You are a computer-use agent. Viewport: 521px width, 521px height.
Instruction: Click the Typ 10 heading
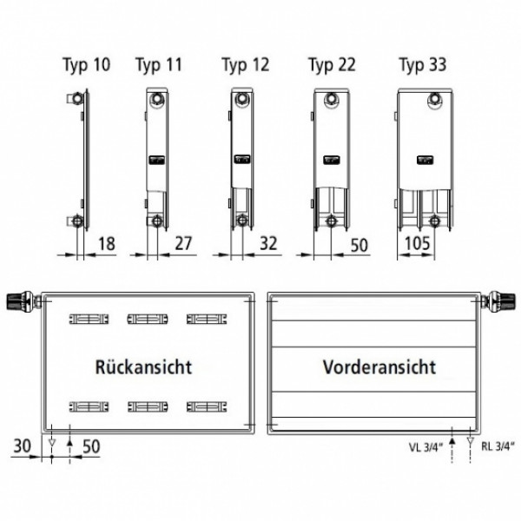coord(87,65)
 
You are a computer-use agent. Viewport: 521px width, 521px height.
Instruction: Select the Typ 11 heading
coord(159,65)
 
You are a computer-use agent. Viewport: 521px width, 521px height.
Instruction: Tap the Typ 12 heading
coord(246,65)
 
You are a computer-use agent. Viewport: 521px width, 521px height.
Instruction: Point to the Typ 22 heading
coord(332,65)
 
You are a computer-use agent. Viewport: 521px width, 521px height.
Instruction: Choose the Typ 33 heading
coord(423,65)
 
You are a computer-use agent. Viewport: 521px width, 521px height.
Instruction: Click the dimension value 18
coord(107,243)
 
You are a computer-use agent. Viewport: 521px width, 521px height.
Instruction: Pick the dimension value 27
coord(183,243)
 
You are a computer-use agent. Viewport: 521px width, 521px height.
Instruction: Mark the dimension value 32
coord(268,243)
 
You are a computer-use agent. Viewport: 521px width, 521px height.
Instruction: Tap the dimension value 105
coord(418,243)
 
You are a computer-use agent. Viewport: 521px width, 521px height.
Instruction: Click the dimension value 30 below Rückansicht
coord(23,446)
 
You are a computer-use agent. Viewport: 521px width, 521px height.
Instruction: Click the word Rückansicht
coord(143,367)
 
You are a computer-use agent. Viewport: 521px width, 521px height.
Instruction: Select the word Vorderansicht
coord(379,367)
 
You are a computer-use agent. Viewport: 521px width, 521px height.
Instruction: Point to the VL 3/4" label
coord(426,447)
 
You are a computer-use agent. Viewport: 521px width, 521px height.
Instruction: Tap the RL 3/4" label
coord(498,446)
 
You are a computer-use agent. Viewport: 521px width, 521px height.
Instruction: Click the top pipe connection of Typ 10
coord(77,99)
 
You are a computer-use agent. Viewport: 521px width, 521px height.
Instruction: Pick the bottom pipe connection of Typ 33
coord(433,221)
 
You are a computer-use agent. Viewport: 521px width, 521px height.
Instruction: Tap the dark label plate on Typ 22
coord(332,160)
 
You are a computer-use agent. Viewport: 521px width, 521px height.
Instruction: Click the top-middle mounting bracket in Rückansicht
coord(148,319)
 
